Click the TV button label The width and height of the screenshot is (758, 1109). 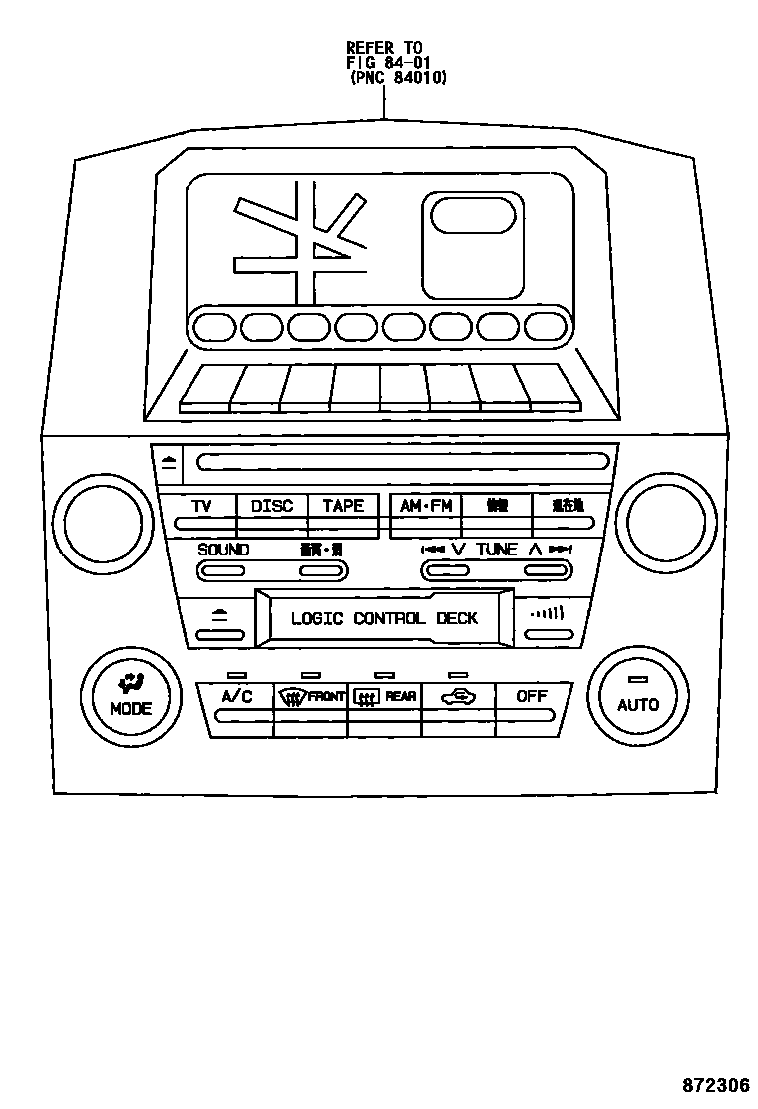[x=201, y=506]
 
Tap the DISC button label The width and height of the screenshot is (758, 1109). [x=272, y=506]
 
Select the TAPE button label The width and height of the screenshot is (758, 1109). [x=343, y=506]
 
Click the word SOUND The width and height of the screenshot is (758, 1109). [x=223, y=550]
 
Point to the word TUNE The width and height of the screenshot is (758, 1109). [x=496, y=550]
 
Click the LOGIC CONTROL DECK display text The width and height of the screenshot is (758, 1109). [x=384, y=618]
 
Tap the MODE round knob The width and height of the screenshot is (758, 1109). [x=131, y=695]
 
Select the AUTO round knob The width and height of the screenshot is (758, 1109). [x=638, y=694]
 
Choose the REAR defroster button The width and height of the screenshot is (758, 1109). [x=385, y=698]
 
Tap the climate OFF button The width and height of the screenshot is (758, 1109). [x=532, y=697]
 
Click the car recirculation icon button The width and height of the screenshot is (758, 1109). [x=458, y=698]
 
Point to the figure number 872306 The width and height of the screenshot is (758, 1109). [x=715, y=1085]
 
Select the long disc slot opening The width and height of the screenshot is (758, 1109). [x=403, y=462]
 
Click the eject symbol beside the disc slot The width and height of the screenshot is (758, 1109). [x=169, y=462]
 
